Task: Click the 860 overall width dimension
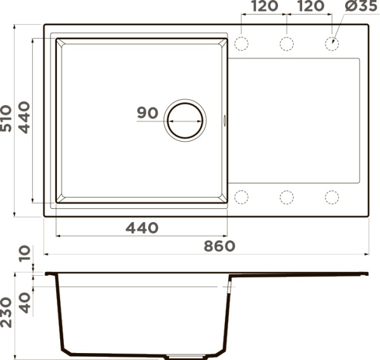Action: coord(219,246)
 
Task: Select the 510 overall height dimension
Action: coord(6,118)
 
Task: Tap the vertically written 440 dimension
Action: coord(24,118)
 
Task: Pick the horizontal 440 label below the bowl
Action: coord(142,228)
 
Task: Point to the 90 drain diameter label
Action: coord(148,113)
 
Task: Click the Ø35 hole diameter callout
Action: coord(361,6)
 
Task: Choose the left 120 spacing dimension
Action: coord(264,6)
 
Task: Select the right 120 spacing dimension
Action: coord(310,6)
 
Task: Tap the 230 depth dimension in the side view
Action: coord(6,313)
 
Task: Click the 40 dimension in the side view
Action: coord(25,303)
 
